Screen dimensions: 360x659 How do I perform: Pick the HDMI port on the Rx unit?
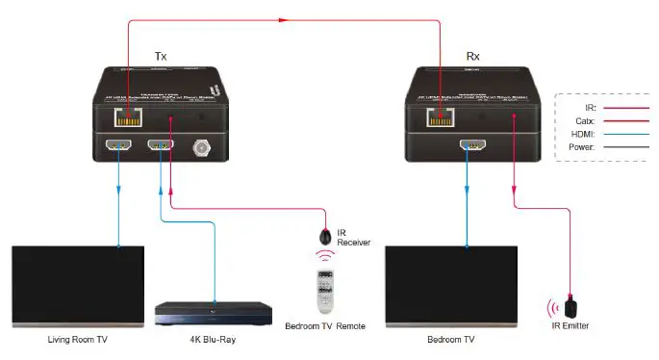coord(469,147)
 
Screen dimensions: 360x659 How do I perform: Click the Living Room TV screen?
coord(78,286)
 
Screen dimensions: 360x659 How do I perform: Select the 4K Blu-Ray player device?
coord(214,313)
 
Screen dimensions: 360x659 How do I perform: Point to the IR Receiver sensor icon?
coord(326,235)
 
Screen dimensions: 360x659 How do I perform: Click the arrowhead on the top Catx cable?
coord(283,17)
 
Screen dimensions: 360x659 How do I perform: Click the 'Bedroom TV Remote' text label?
coord(325,327)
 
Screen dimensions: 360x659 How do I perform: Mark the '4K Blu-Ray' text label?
coord(214,340)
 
